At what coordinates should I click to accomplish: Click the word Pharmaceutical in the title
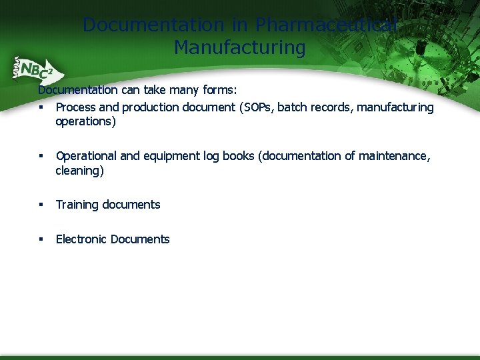[x=327, y=25]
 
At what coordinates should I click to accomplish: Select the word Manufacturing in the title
[x=239, y=48]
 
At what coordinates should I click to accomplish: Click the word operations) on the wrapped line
[x=85, y=121]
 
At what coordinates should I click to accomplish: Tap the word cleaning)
[x=79, y=170]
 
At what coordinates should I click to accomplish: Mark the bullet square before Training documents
[x=41, y=205]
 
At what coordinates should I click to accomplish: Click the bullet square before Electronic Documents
[x=41, y=239]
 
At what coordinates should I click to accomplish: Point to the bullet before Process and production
[x=41, y=107]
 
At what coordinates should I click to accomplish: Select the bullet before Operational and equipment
[x=41, y=156]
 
